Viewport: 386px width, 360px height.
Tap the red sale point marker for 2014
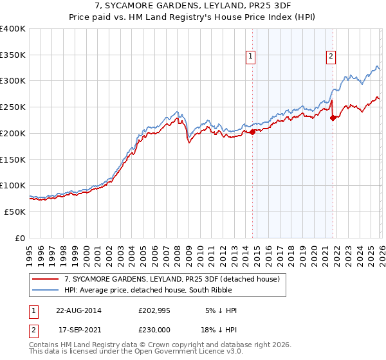pos(252,132)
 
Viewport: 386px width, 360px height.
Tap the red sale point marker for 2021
pos(333,118)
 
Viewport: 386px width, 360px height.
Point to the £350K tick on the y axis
pos(13,55)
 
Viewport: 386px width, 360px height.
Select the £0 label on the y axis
pos(20,238)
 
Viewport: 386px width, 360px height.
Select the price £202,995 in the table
pos(158,310)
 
